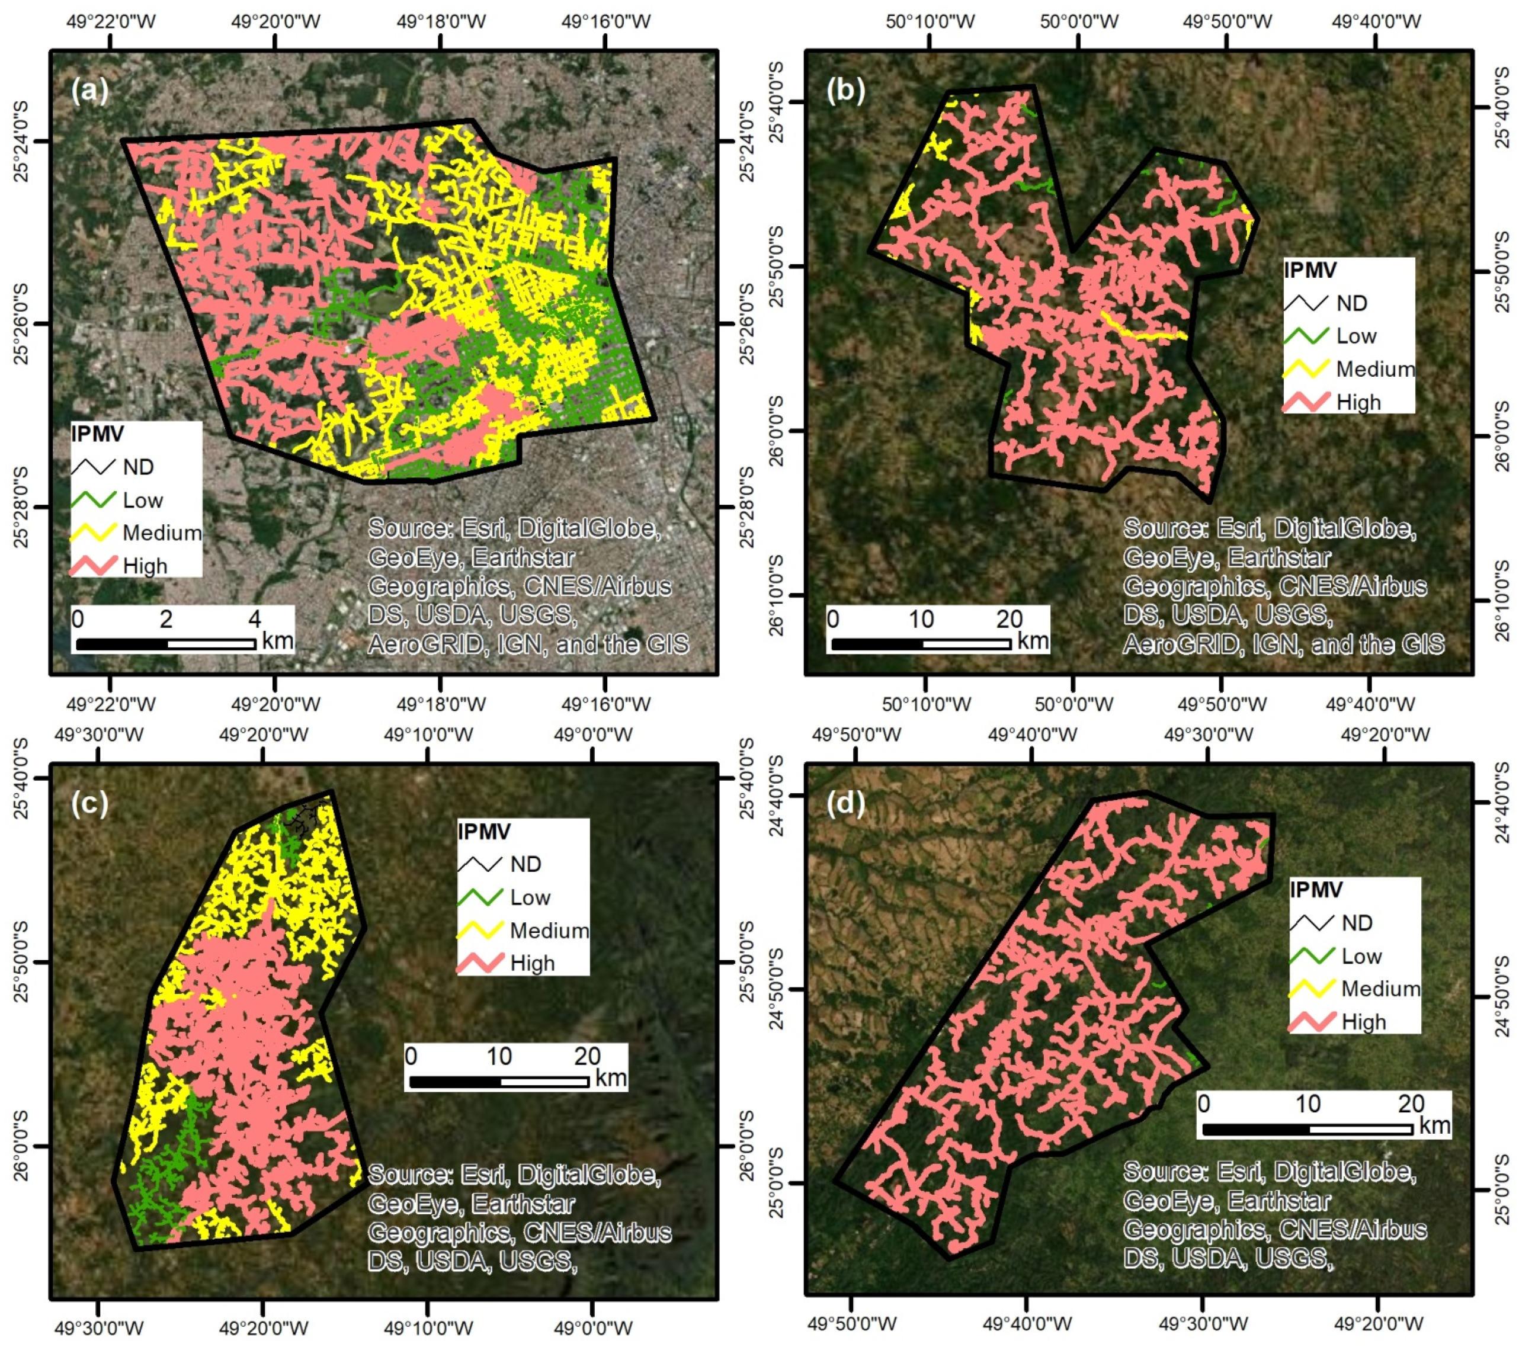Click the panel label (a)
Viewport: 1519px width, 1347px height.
click(90, 91)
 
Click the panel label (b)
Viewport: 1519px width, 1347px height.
click(846, 91)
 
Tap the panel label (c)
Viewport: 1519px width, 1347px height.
click(90, 803)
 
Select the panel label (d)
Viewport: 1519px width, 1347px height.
click(846, 803)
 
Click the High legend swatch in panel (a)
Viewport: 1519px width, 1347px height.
click(94, 566)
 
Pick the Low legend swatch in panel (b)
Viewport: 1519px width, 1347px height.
click(1306, 336)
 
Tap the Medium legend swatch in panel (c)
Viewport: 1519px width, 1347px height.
click(479, 929)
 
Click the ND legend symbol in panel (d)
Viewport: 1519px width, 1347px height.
click(1311, 923)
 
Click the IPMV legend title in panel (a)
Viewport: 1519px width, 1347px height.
click(97, 434)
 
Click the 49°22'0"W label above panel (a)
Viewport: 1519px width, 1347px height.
click(111, 21)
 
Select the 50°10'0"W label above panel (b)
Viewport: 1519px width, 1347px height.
click(931, 21)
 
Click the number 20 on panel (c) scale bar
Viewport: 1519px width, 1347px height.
click(587, 1056)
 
